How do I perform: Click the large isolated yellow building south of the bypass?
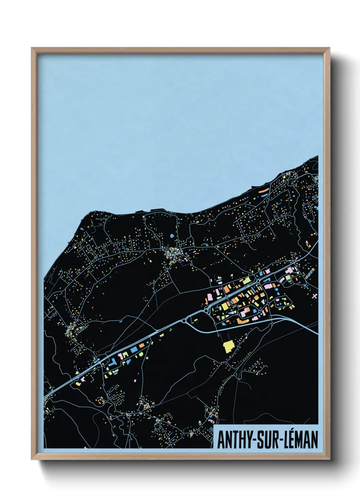(x=228, y=346)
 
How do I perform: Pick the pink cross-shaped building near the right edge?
(x=314, y=296)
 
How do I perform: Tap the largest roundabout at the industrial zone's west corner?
(x=209, y=310)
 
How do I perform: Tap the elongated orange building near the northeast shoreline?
(x=263, y=192)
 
